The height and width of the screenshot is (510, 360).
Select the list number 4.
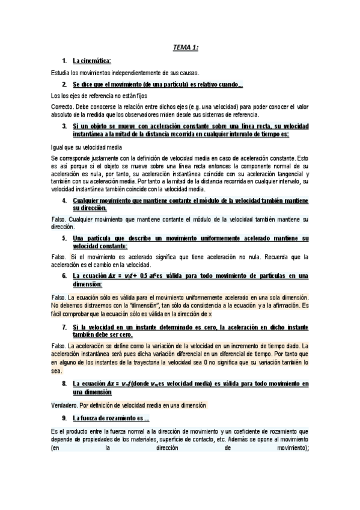pos(64,200)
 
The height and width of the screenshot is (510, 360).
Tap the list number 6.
pos(64,275)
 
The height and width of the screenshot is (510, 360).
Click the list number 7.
pos(64,327)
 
